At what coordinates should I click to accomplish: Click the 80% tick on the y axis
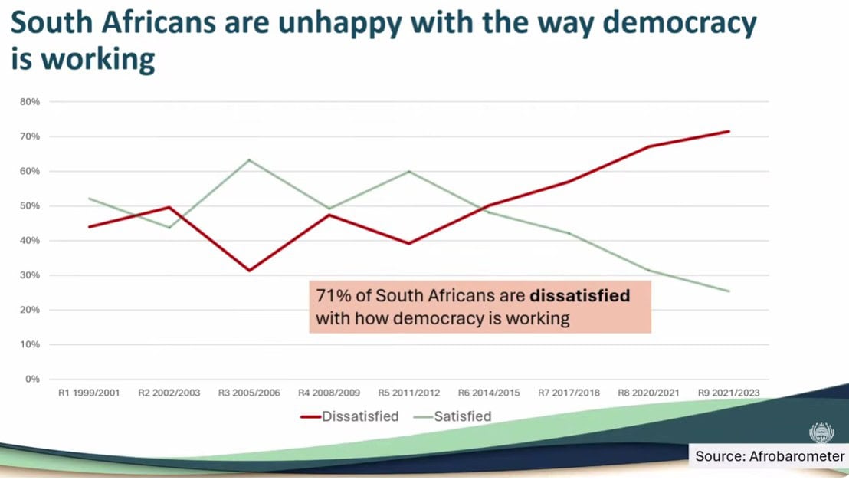pyautogui.click(x=30, y=101)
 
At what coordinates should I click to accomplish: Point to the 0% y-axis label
pyautogui.click(x=32, y=379)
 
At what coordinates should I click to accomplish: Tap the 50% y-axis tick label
pyautogui.click(x=30, y=205)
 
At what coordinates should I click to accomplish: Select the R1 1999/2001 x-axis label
pyautogui.click(x=89, y=393)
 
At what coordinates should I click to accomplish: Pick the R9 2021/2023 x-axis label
pyautogui.click(x=729, y=393)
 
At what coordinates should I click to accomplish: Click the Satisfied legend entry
pyautogui.click(x=461, y=416)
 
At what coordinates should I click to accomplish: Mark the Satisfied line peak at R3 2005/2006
pyautogui.click(x=249, y=160)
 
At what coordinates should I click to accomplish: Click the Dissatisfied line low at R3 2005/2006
pyautogui.click(x=249, y=270)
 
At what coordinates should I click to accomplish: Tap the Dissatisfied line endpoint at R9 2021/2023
pyautogui.click(x=729, y=131)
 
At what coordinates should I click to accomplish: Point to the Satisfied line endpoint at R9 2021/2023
pyautogui.click(x=729, y=291)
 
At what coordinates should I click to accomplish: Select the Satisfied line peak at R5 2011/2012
pyautogui.click(x=409, y=171)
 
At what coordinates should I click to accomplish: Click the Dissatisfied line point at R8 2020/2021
pyautogui.click(x=649, y=146)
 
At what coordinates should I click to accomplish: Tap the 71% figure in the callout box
pyautogui.click(x=330, y=295)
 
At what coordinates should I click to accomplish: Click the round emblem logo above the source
pyautogui.click(x=821, y=431)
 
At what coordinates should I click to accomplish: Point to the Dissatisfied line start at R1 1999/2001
pyautogui.click(x=89, y=226)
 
